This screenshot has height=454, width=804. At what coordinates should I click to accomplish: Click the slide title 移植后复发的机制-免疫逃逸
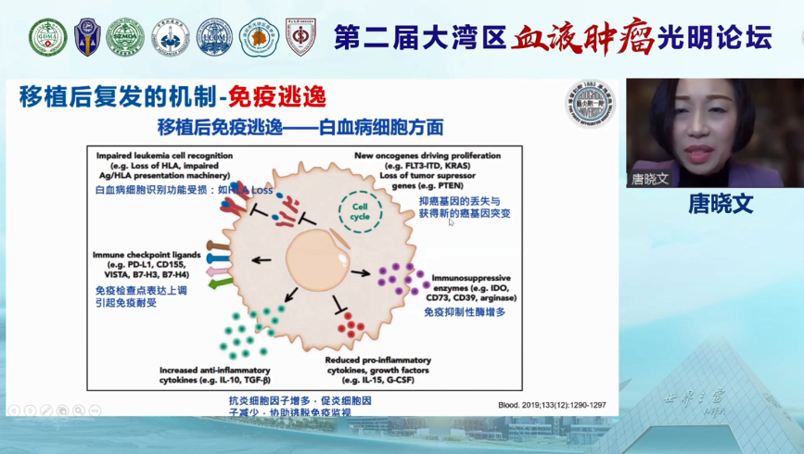tap(172, 97)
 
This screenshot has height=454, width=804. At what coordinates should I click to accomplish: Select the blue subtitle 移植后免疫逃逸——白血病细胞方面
tap(300, 127)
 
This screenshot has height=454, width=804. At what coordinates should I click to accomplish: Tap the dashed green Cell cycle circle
tap(359, 211)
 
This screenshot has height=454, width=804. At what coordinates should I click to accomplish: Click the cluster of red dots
tap(351, 324)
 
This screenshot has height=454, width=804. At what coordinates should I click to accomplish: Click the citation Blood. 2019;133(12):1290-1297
tap(551, 404)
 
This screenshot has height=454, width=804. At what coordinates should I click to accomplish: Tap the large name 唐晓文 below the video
tap(720, 205)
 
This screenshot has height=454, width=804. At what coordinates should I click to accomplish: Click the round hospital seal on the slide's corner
tap(590, 103)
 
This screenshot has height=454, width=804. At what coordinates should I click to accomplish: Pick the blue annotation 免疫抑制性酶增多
tap(464, 313)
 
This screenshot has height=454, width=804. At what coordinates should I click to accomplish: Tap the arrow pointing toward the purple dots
tap(361, 273)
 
